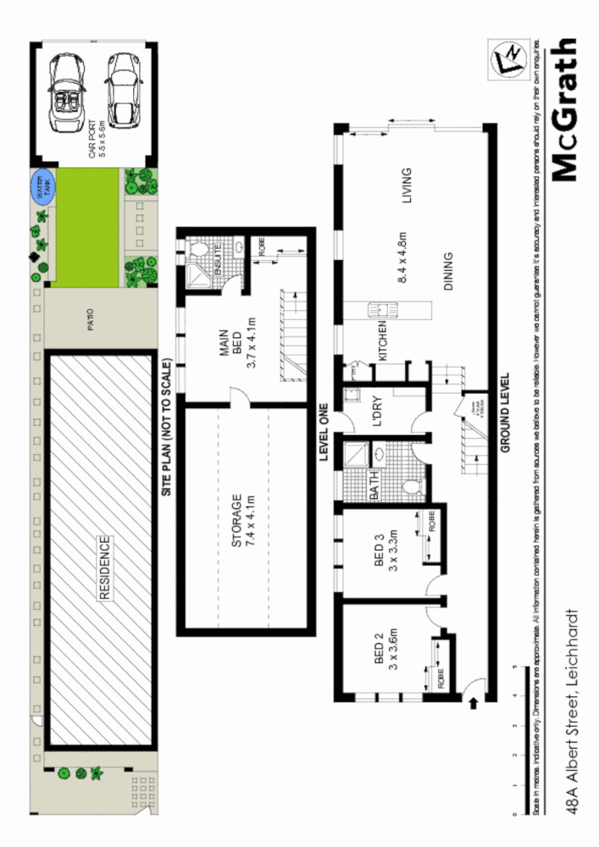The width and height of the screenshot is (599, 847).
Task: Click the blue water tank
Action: (42, 187)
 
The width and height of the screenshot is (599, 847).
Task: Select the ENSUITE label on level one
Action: (218, 256)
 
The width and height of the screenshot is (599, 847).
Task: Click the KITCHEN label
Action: (383, 341)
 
